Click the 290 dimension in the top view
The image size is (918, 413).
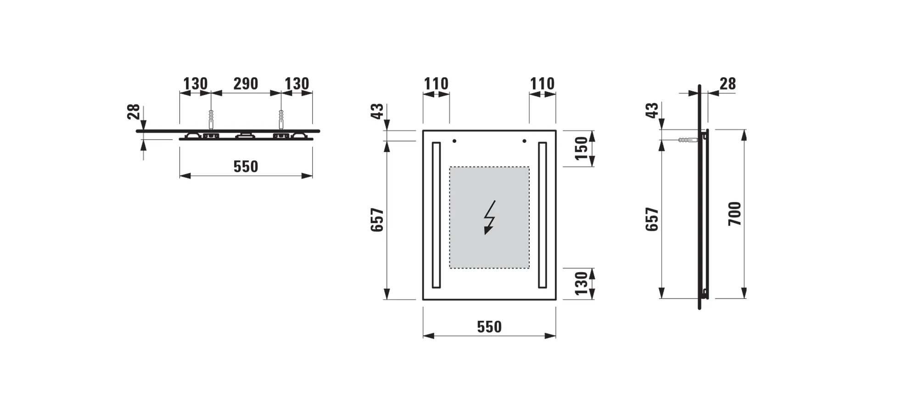tap(246, 84)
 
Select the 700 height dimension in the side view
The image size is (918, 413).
tap(735, 213)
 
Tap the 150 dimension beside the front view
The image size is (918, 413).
tap(581, 148)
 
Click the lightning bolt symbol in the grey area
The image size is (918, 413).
tap(489, 218)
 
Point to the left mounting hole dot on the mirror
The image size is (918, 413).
tap(454, 141)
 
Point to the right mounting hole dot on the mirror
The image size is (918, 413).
tap(524, 141)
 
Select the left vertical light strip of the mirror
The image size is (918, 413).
tap(436, 215)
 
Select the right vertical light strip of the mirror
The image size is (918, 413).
tap(543, 215)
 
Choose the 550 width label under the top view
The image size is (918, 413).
tap(246, 167)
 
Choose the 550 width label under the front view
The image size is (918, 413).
tap(489, 327)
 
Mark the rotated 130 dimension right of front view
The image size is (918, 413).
tap(581, 283)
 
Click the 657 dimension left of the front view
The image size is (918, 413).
tap(377, 220)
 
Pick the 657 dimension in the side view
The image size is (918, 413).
tap(652, 219)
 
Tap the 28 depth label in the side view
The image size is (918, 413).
tap(728, 84)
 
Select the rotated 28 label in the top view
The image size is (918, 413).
tap(134, 112)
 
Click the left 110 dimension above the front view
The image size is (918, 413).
tap(436, 84)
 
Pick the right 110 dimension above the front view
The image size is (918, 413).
tap(542, 84)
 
